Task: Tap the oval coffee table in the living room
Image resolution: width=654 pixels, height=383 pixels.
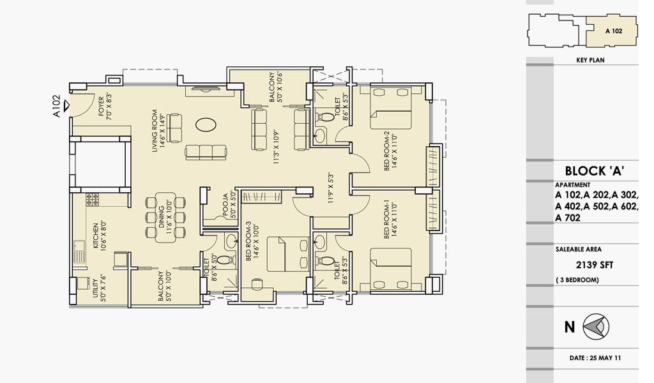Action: click(x=206, y=124)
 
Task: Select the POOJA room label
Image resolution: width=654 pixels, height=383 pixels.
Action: click(x=225, y=206)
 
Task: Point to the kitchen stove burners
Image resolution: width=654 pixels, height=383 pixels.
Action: click(x=92, y=199)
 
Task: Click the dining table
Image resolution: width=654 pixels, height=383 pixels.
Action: click(x=165, y=218)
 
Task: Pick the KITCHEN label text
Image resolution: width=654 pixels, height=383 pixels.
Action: click(x=96, y=236)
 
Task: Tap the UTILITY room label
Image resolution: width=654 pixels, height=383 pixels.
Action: click(x=96, y=287)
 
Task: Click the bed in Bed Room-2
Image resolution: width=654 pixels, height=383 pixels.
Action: click(x=391, y=109)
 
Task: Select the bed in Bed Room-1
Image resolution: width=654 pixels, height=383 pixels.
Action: click(x=391, y=269)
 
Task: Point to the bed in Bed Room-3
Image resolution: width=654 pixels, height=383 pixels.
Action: click(x=287, y=254)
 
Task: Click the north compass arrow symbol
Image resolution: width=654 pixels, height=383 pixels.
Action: click(x=596, y=326)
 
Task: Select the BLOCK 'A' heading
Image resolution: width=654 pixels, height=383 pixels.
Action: click(x=595, y=171)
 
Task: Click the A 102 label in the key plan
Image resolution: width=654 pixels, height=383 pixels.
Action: click(x=614, y=31)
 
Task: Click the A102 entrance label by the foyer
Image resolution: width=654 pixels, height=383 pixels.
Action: click(x=57, y=106)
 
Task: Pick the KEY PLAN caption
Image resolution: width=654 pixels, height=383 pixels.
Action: click(x=590, y=60)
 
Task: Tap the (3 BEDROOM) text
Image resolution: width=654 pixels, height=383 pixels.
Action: click(x=577, y=280)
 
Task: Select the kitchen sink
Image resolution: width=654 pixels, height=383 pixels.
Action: click(x=79, y=252)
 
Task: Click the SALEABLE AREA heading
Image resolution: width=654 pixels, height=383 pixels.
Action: click(x=579, y=249)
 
